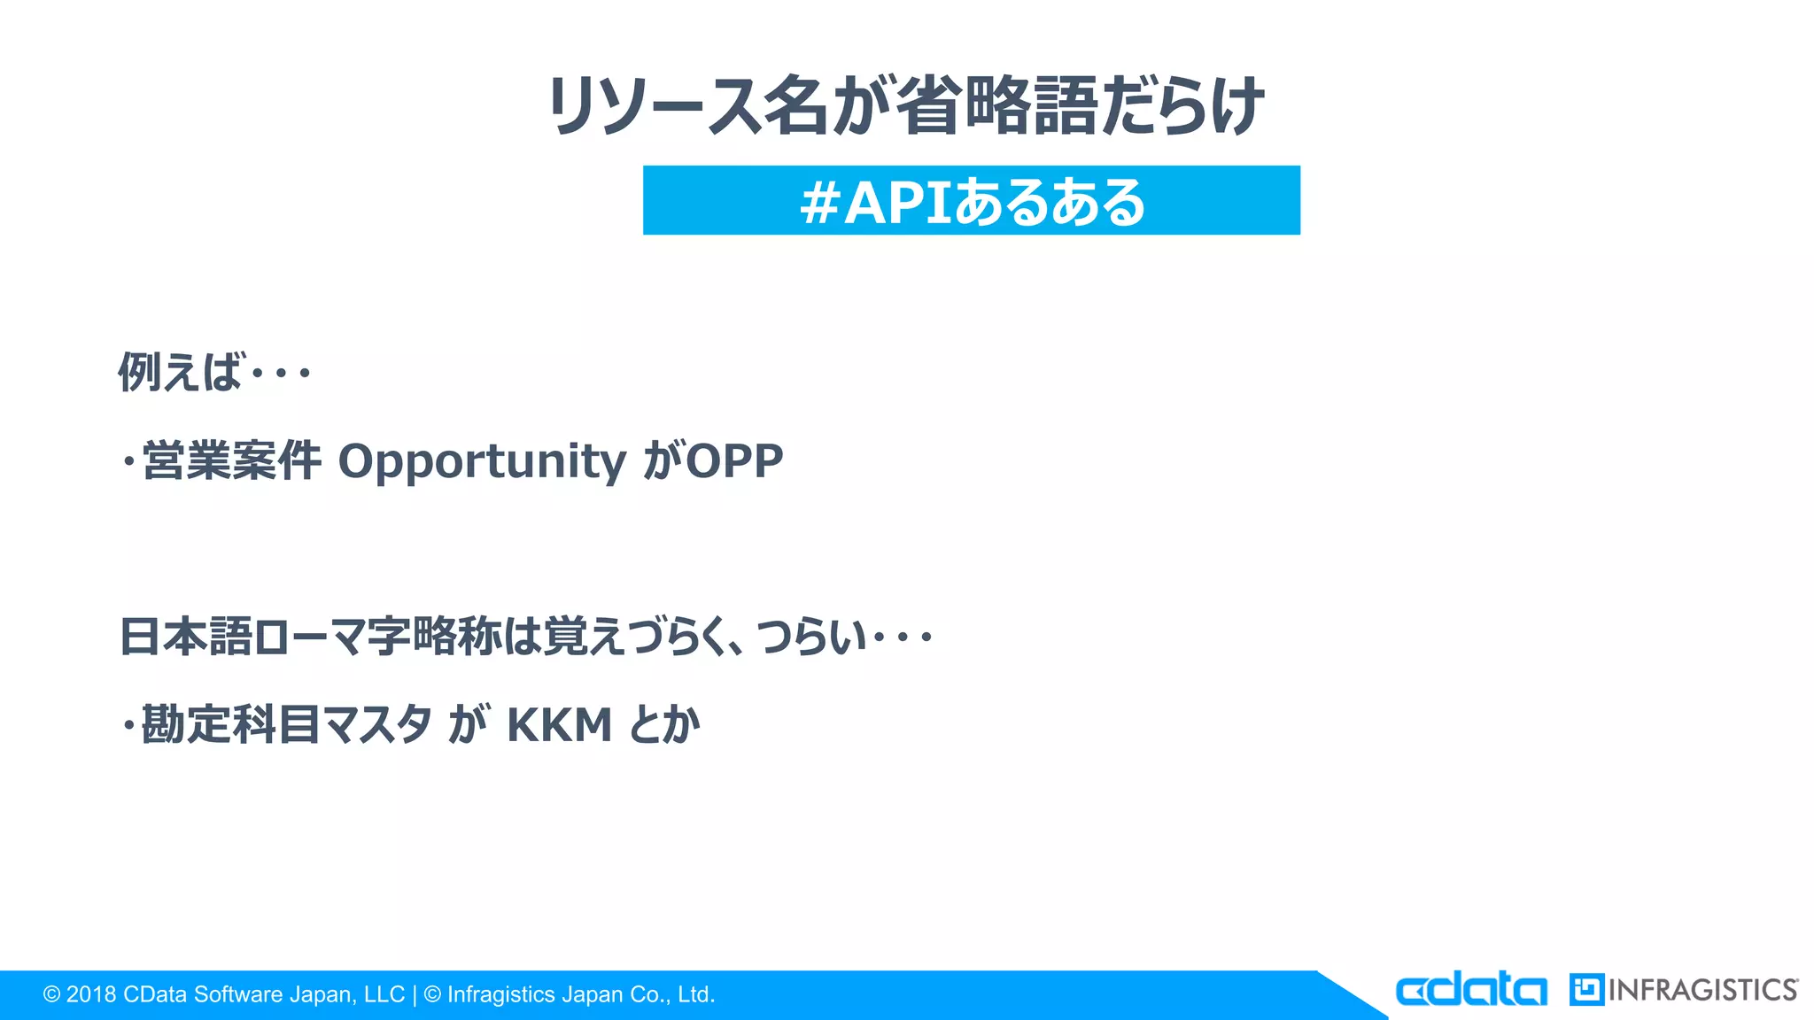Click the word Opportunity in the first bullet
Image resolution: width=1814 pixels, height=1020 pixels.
coord(483,462)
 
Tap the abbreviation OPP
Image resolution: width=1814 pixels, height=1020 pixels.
coord(734,461)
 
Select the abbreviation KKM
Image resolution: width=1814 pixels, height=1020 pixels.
coord(559,726)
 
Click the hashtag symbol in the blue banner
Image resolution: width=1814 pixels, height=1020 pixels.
coord(819,203)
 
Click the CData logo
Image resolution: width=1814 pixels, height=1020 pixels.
coord(1470,989)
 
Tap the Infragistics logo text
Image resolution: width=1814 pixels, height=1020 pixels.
coord(1702,990)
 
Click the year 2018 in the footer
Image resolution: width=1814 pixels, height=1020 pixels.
coord(91,994)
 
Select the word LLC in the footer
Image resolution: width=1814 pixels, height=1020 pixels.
coord(384,994)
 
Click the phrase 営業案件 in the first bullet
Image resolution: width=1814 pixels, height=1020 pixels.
coord(231,461)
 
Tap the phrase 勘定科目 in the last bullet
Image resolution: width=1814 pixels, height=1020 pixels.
coord(230,725)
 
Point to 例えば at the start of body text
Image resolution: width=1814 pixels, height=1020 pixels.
coord(180,372)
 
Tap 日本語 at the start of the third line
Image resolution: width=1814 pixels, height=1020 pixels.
coord(186,637)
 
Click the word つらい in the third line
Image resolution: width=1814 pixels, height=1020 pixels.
coord(810,637)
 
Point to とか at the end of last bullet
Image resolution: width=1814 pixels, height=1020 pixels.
coord(664,725)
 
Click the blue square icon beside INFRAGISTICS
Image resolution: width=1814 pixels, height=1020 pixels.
coord(1586,990)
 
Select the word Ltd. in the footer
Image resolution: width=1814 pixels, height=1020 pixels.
coord(695,994)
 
